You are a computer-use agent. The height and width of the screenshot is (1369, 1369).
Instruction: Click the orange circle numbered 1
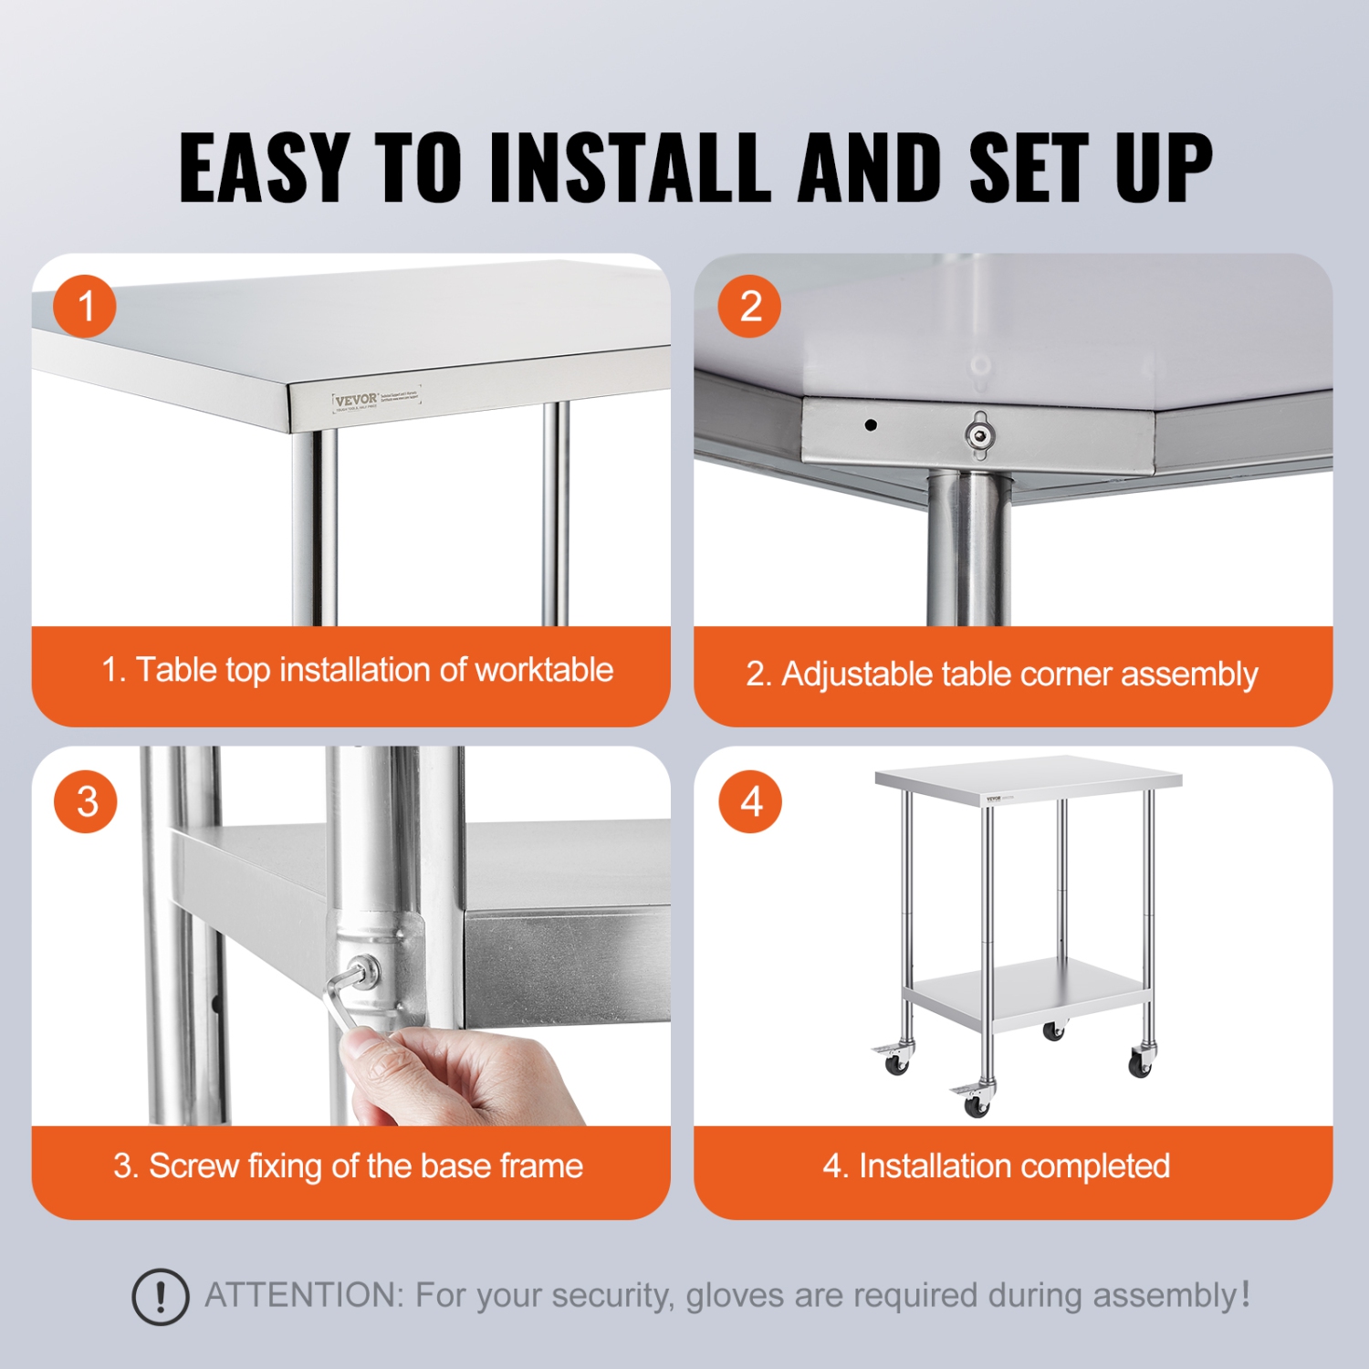pos(85,306)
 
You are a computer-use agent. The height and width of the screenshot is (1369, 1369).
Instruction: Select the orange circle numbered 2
pos(749,306)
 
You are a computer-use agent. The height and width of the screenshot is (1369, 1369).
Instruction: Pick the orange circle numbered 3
pos(86,801)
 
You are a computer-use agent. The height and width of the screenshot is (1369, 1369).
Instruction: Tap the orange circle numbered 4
pos(750,801)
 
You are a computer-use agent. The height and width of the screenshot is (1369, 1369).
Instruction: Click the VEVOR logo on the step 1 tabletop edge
pos(356,400)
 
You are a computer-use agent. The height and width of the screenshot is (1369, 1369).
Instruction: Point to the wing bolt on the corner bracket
pos(979,434)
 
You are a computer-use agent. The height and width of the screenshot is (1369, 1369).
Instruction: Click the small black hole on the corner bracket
pos(871,424)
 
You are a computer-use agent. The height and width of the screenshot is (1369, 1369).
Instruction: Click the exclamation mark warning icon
pos(161,1296)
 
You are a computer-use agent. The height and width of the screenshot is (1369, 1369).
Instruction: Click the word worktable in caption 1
pos(544,670)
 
